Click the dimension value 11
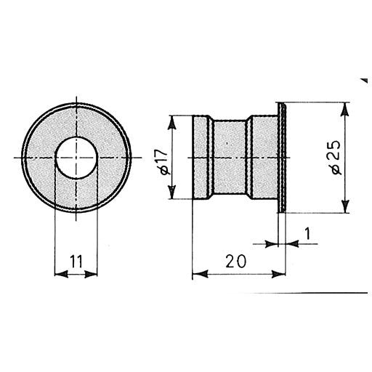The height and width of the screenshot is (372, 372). [x=76, y=261]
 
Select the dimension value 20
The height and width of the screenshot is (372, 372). [x=235, y=262]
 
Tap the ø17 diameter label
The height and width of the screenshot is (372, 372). [x=161, y=162]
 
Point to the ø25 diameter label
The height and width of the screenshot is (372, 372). [x=336, y=158]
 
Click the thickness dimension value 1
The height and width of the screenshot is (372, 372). [x=307, y=233]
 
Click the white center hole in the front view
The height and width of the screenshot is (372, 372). [x=76, y=158]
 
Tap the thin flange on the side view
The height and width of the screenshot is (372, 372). [x=282, y=158]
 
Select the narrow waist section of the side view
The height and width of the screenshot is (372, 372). [x=230, y=157]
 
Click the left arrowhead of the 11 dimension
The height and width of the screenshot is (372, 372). [x=61, y=274]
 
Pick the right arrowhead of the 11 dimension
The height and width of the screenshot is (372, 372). [x=91, y=274]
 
